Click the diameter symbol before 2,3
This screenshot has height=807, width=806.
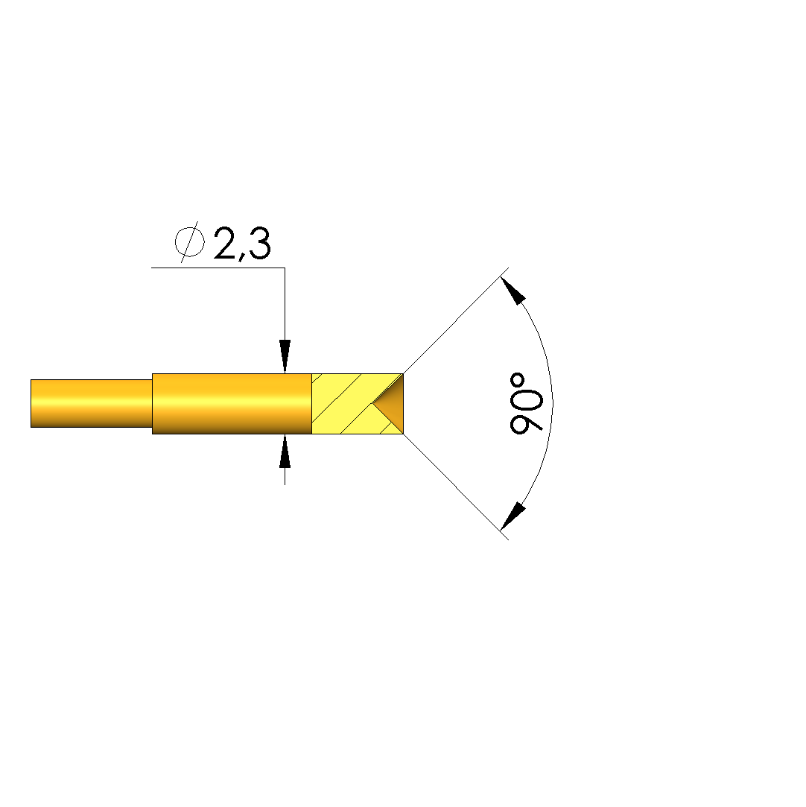point(190,242)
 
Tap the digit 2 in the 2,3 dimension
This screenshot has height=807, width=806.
point(228,243)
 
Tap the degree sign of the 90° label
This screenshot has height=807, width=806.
point(518,380)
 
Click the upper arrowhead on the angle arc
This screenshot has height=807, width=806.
point(513,291)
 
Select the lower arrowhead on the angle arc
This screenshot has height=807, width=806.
point(513,516)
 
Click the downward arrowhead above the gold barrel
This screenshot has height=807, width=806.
point(285,355)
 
